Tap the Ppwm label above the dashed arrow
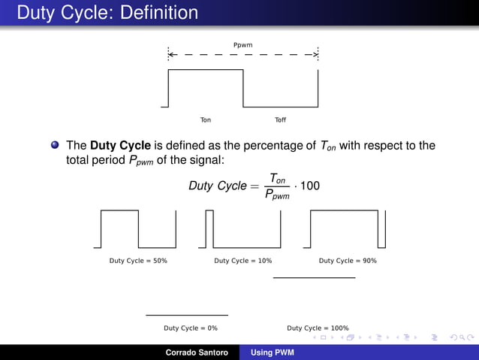243,45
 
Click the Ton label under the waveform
206,120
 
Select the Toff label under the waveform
281,120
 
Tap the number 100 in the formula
309,185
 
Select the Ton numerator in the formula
277,177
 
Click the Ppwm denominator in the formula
277,195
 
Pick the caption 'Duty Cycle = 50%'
138,261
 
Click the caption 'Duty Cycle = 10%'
243,261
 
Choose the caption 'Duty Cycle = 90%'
348,261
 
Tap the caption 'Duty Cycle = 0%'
191,328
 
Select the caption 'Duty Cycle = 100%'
318,328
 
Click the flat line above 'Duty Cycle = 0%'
186,315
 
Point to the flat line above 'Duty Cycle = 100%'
314,278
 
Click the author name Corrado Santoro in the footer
197,352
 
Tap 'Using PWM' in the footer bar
273,352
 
